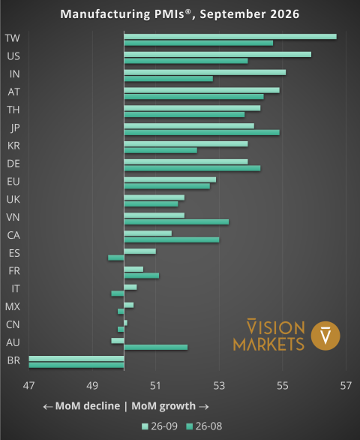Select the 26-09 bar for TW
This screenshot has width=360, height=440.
tap(230, 37)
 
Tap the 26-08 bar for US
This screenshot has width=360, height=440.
tap(186, 61)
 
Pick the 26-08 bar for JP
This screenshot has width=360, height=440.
tap(202, 132)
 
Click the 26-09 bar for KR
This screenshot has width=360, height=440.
tap(186, 144)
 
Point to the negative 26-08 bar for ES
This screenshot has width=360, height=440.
tap(116, 258)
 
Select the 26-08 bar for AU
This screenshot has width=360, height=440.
tap(156, 347)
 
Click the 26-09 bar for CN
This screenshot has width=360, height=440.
tap(125, 323)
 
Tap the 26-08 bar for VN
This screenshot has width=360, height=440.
tap(176, 222)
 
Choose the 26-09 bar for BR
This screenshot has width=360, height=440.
tap(76, 359)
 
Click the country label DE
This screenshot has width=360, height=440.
tap(13, 164)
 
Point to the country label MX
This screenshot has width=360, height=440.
tap(13, 306)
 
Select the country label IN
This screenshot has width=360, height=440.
tap(14, 74)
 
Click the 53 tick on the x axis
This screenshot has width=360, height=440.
tap(219, 386)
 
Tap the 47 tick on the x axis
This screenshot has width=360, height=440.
tap(28, 386)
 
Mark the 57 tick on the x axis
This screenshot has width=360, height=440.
tap(346, 386)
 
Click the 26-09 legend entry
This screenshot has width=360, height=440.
tap(160, 426)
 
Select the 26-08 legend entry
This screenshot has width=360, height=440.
tap(204, 426)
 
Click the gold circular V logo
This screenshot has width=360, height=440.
tap(325, 336)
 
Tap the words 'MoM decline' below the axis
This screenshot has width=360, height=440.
tap(88, 406)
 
